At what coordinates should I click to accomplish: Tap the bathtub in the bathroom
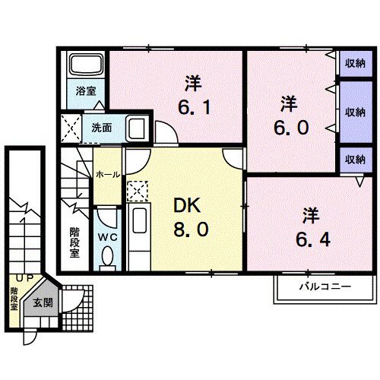[85, 65]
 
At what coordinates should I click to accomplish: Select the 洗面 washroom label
[102, 127]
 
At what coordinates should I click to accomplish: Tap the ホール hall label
[107, 174]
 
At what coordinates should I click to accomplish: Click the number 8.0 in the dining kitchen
[188, 228]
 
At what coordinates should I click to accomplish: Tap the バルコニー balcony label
[323, 288]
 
